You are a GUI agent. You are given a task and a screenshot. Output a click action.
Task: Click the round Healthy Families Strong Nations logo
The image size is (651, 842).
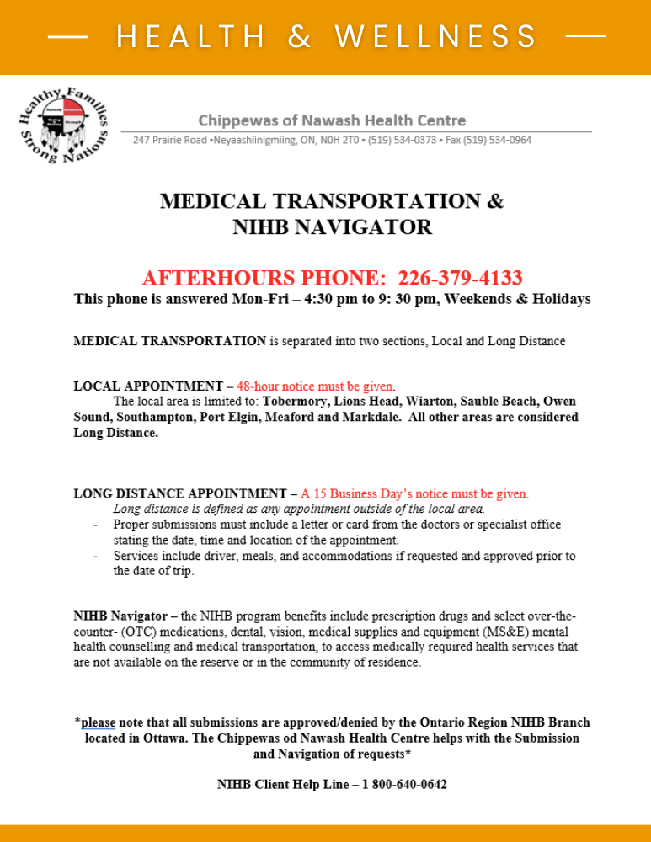[64, 126]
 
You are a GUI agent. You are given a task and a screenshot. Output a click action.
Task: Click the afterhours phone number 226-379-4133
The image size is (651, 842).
[460, 278]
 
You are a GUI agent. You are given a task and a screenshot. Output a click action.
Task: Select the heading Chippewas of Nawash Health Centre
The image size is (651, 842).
[332, 120]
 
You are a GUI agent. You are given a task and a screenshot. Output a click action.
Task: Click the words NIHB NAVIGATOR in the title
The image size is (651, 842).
[332, 226]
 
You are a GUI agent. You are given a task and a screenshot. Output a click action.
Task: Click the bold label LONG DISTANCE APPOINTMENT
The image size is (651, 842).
[180, 493]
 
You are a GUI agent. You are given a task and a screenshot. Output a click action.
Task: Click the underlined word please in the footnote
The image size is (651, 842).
[99, 722]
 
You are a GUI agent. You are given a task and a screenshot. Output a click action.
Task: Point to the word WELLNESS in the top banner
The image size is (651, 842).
[436, 37]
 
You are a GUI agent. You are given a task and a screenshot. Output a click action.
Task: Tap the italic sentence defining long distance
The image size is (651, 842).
[299, 509]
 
